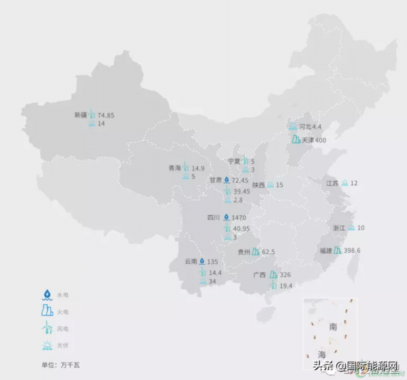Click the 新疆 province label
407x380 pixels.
pyautogui.click(x=81, y=115)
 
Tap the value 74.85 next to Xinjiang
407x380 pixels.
pyautogui.click(x=106, y=115)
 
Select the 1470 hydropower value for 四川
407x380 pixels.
pyautogui.click(x=239, y=218)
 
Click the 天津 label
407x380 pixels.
pyautogui.click(x=308, y=140)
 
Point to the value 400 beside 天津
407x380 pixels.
pyautogui.click(x=321, y=140)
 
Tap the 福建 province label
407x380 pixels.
pyautogui.click(x=326, y=250)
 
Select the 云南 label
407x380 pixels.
pyautogui.click(x=191, y=262)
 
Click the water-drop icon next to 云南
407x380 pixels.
pyautogui.click(x=201, y=262)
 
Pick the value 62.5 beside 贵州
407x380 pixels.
pyautogui.click(x=268, y=252)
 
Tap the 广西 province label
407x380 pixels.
pyautogui.click(x=259, y=275)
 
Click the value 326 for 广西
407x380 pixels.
pyautogui.click(x=285, y=275)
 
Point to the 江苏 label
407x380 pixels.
pyautogui.click(x=332, y=183)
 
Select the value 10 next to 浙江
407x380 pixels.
pyautogui.click(x=361, y=228)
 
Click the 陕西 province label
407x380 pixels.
pyautogui.click(x=258, y=185)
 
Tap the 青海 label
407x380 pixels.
pyautogui.click(x=175, y=168)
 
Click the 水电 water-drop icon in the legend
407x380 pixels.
pyautogui.click(x=47, y=294)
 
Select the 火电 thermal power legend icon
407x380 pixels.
pyautogui.click(x=47, y=311)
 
